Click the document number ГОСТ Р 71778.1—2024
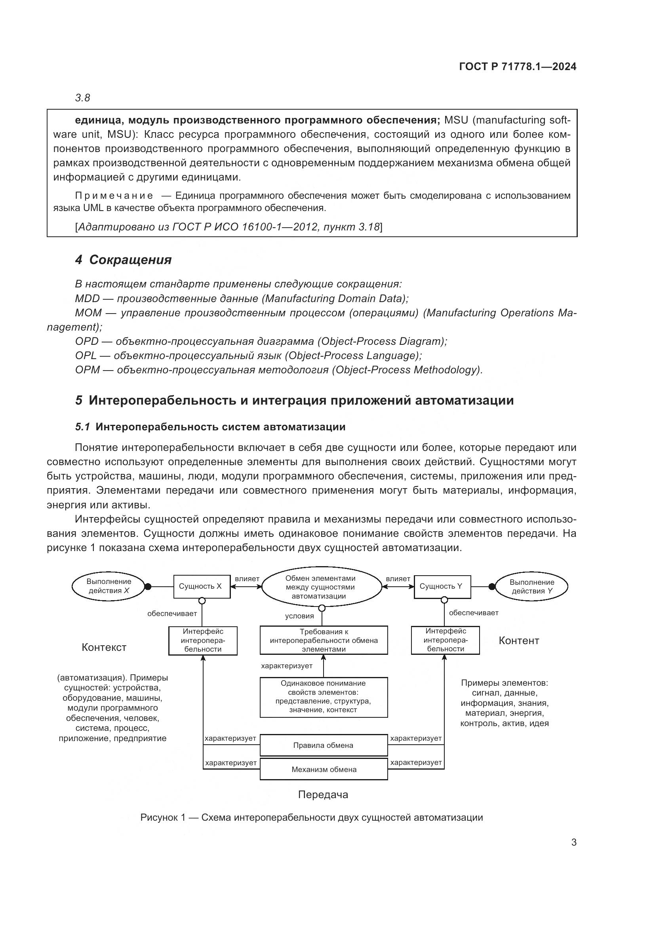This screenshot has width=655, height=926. [518, 67]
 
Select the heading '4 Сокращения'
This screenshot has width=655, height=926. [123, 260]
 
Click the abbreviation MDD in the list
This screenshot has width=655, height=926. [87, 299]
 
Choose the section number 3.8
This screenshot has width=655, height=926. [82, 98]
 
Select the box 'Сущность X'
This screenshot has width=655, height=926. [202, 586]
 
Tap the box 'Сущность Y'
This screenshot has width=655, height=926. [442, 586]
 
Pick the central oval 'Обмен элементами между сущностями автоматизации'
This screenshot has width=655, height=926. [322, 587]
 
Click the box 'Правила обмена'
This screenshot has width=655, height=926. [324, 745]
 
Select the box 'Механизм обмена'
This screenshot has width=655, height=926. [324, 770]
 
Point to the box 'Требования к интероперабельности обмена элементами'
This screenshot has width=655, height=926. [324, 641]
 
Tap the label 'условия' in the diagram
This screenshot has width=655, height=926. [299, 616]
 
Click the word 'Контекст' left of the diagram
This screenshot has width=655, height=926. [104, 647]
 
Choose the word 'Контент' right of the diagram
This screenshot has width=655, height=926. [519, 641]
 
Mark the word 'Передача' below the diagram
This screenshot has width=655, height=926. [323, 795]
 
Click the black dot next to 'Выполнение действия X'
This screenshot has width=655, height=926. [148, 586]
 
